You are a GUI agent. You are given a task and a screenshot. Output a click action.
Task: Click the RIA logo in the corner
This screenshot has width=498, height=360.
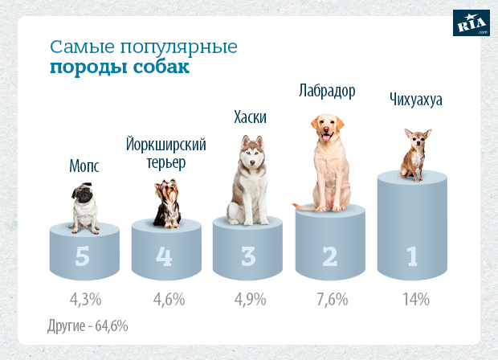(x=472, y=23)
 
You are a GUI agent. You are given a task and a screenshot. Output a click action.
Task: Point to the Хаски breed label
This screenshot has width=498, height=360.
(x=250, y=118)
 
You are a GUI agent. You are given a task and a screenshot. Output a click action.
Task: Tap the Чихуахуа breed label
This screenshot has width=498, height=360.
(x=415, y=100)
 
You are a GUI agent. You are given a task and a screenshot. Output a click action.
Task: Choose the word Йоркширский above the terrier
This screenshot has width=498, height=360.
(x=166, y=145)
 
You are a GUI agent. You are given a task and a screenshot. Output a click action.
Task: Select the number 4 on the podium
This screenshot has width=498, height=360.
(x=165, y=256)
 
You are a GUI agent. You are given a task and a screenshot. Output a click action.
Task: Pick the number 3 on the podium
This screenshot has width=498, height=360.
(x=248, y=256)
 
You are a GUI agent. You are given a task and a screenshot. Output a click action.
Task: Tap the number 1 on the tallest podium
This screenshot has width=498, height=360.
(x=412, y=256)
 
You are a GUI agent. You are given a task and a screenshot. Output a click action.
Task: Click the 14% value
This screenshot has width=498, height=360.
(x=415, y=299)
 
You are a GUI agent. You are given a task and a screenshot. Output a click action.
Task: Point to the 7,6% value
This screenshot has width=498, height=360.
(x=330, y=300)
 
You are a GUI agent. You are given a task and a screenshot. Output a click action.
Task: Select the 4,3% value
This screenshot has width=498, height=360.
(x=85, y=300)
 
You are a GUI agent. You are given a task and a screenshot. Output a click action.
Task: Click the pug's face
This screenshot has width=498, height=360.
(x=84, y=198)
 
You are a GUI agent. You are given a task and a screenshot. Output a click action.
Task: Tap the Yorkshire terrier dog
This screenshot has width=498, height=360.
(x=167, y=203)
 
